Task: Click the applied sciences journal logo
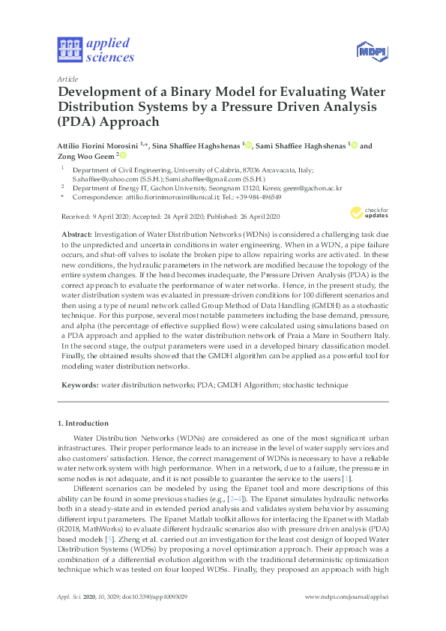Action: [96, 49]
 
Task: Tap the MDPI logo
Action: [365, 50]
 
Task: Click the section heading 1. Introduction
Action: [83, 423]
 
